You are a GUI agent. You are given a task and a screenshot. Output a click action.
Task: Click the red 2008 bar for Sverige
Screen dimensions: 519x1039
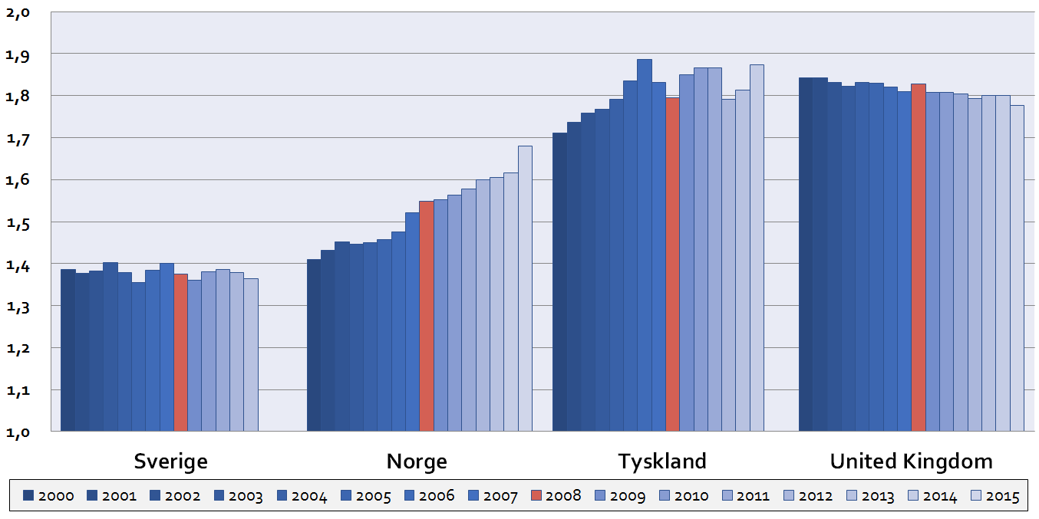[x=180, y=352]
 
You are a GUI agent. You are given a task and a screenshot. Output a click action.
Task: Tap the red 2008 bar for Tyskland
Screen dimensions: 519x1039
[x=672, y=264]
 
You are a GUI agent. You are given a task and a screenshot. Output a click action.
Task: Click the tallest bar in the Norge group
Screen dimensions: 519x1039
[x=525, y=288]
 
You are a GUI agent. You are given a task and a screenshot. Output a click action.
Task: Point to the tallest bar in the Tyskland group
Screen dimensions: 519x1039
[x=645, y=245]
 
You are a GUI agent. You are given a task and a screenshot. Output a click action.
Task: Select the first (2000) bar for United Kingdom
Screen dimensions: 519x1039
[x=806, y=254]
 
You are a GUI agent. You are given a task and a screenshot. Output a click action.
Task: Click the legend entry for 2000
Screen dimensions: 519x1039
[x=48, y=496]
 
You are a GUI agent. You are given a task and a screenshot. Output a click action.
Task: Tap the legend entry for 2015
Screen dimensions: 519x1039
[x=995, y=496]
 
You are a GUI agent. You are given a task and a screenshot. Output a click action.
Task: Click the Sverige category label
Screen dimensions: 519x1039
[x=170, y=462]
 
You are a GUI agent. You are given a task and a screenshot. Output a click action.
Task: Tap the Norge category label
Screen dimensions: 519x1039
[x=417, y=462]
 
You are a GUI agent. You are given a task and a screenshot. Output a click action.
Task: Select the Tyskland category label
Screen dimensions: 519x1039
[x=662, y=462]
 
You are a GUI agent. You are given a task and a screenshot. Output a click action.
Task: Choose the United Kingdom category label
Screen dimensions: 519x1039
[x=911, y=462]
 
